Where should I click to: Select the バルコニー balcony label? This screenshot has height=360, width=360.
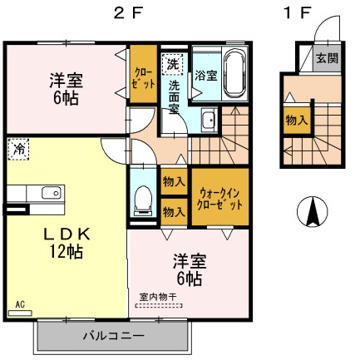[x=114, y=336]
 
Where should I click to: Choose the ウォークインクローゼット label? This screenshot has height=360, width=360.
[x=219, y=198]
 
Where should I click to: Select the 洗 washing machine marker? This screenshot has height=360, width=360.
[x=172, y=63]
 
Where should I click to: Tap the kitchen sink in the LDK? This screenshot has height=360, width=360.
[x=49, y=193]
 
